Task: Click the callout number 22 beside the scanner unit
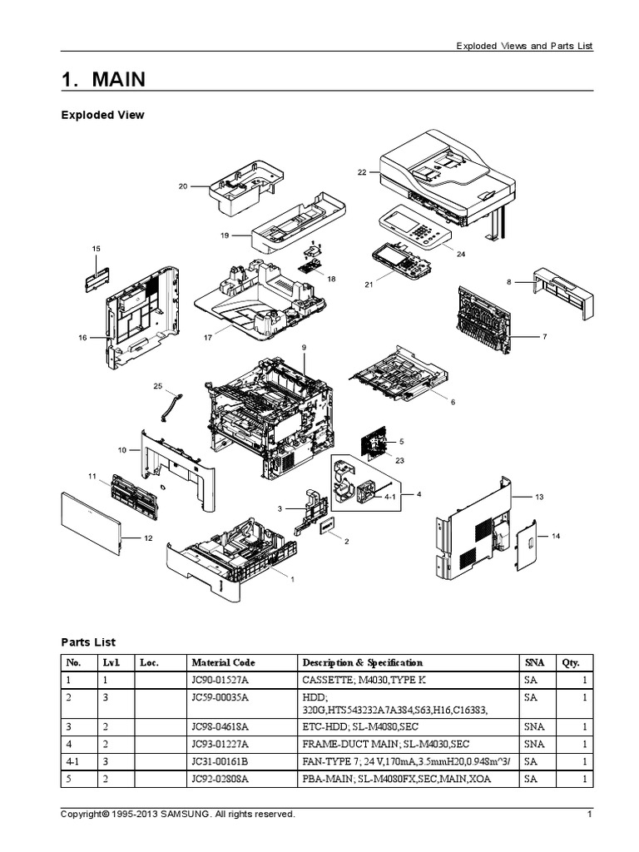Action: point(362,172)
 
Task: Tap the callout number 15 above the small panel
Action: point(96,249)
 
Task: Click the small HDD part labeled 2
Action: point(326,527)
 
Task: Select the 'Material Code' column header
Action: point(223,662)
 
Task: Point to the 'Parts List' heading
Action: point(88,641)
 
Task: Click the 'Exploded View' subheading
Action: point(102,115)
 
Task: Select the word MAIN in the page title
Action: point(118,80)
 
